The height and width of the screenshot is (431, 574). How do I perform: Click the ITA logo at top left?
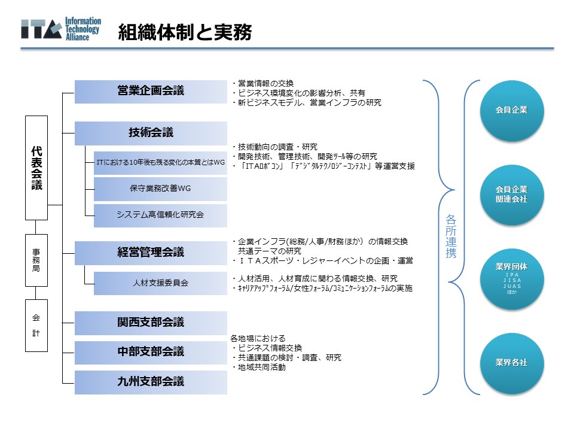(60, 29)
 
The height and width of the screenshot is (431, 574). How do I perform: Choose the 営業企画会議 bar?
(151, 91)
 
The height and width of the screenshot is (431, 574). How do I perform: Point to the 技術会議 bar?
(151, 133)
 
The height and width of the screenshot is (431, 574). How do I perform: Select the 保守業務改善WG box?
(160, 189)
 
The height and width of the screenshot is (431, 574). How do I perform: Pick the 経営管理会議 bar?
(151, 252)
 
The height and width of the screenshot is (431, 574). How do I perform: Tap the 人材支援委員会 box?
(160, 283)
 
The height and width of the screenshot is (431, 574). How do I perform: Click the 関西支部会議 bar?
(151, 323)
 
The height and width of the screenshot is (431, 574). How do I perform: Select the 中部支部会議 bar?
(151, 351)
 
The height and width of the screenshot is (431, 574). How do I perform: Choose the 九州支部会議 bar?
(151, 381)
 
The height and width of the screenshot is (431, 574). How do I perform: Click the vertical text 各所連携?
(451, 236)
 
